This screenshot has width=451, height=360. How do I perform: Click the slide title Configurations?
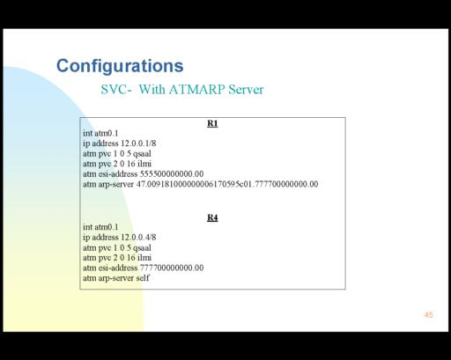tap(120, 66)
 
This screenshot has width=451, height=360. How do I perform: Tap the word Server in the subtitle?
tap(246, 89)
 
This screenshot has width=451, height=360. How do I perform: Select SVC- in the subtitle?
tap(116, 89)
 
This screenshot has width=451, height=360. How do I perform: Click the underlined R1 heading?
tap(212, 123)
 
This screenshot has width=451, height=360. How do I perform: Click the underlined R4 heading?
tap(212, 217)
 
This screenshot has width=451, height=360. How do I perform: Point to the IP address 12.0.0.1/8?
tap(138, 143)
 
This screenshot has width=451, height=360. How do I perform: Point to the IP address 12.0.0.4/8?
tap(138, 237)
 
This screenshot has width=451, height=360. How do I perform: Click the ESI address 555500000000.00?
tap(172, 174)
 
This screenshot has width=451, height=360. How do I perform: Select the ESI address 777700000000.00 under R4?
tap(172, 268)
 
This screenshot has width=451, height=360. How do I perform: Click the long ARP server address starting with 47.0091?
tap(227, 184)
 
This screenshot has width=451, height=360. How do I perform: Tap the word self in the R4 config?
tap(143, 278)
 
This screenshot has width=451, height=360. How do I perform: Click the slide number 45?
tap(428, 315)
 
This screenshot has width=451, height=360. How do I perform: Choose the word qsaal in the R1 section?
tap(142, 154)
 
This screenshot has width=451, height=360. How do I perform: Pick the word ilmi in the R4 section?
tap(144, 258)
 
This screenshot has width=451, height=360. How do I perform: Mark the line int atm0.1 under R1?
tap(100, 133)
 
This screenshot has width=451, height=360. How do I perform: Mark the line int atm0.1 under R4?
tap(100, 227)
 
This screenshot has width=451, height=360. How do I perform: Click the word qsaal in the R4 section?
tap(142, 248)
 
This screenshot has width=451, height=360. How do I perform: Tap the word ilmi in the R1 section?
tap(144, 164)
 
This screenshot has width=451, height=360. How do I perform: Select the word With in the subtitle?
tap(152, 89)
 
